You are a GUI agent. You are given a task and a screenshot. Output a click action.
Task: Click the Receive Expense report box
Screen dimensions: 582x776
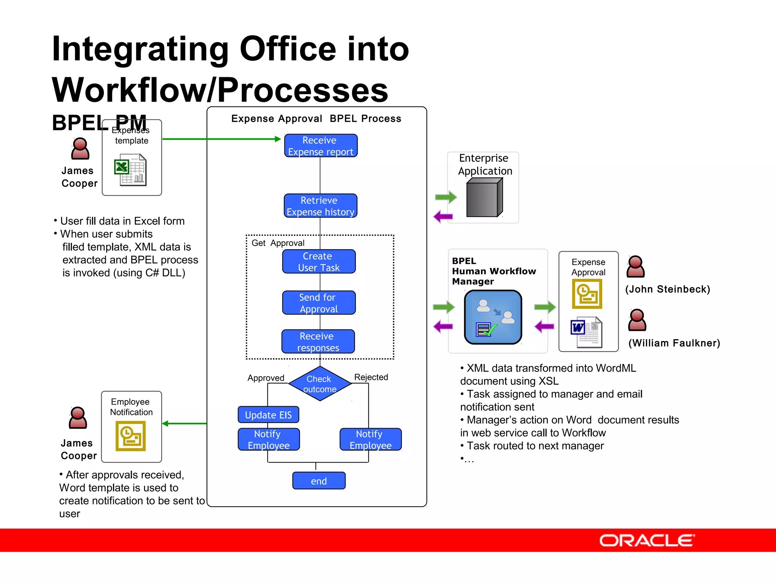tap(321, 146)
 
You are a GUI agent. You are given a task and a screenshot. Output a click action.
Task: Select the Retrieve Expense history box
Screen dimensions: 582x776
tap(321, 206)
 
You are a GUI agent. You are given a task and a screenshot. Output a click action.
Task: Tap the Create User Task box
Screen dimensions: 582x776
tap(319, 261)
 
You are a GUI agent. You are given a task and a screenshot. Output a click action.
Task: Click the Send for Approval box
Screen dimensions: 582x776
tap(319, 303)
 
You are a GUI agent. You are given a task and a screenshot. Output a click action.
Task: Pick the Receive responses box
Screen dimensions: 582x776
tap(318, 342)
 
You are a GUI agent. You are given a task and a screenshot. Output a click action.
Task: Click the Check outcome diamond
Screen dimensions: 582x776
tap(320, 384)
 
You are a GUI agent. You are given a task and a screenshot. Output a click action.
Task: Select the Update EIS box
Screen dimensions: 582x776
tap(268, 415)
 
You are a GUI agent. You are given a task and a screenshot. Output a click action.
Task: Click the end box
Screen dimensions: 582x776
tap(319, 481)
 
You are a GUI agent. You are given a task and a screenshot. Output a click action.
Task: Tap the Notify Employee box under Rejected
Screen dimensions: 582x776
tap(371, 440)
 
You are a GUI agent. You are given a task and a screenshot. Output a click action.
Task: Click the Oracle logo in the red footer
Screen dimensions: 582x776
tap(647, 540)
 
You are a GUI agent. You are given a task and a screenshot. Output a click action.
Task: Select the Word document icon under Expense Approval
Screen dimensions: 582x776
tap(586, 332)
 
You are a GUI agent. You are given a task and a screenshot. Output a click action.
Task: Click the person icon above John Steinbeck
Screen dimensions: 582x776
tap(635, 266)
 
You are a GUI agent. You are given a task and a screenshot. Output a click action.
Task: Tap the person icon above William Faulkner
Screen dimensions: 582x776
tap(637, 320)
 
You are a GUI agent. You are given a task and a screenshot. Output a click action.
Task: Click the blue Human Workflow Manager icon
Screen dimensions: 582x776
tap(493, 317)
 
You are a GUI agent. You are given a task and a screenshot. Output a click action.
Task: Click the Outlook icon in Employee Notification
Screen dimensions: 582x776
tap(131, 436)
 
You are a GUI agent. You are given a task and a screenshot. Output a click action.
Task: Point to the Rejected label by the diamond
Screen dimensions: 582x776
tap(371, 377)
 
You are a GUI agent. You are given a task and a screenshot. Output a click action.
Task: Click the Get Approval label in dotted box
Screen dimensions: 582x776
tap(278, 243)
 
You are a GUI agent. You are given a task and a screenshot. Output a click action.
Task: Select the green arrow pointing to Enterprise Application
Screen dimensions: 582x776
tap(446, 197)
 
